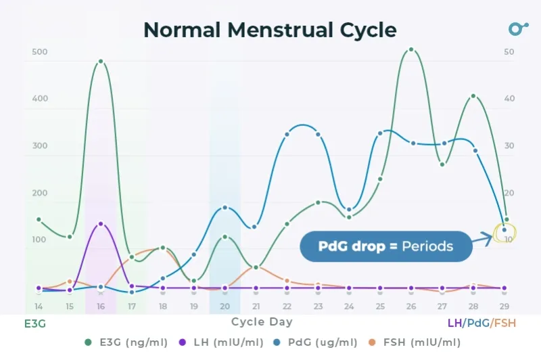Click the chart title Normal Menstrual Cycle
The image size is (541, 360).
(270, 30)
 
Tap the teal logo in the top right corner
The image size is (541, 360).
(518, 29)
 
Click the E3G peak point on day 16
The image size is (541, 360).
(101, 62)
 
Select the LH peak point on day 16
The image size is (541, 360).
(101, 223)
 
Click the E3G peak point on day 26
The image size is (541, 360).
(410, 49)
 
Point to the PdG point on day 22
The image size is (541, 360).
(287, 134)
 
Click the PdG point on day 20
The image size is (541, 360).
(225, 208)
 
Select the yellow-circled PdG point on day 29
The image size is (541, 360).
(504, 230)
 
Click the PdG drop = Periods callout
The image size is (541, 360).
(385, 246)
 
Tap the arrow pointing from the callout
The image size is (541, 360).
(484, 237)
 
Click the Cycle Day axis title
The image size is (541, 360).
(262, 322)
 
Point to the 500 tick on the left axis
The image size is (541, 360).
(39, 52)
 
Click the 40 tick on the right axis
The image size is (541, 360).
(509, 99)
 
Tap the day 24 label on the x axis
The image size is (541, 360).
(349, 307)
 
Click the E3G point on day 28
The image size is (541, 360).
(473, 96)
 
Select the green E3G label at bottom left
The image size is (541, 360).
(35, 323)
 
